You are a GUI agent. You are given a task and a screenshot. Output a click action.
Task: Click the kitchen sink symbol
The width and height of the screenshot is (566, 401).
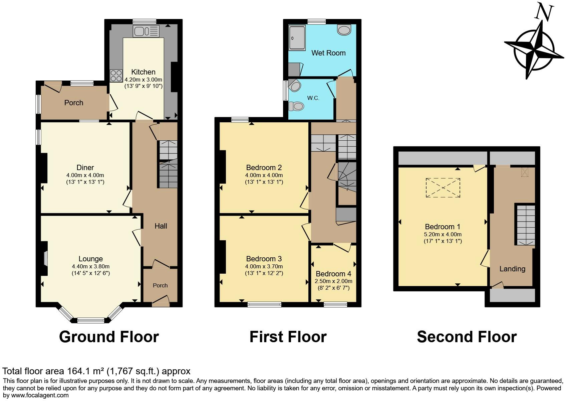pos(146,31)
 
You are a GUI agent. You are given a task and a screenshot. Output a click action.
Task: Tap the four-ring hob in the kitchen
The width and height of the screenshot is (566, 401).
pos(116,76)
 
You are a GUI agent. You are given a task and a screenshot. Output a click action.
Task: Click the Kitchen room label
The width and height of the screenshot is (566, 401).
pos(143,72)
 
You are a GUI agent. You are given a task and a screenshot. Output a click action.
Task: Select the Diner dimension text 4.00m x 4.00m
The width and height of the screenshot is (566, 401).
pos(85,175)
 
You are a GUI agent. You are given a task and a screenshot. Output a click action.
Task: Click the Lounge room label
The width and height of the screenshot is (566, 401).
pos(91,259)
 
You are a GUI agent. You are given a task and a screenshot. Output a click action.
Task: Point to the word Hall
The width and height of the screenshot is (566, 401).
pos(161,226)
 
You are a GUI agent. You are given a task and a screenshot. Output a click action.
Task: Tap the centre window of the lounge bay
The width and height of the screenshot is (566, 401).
pos(91,320)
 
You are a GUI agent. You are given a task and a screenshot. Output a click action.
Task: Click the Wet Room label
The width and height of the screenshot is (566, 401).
pos(328,53)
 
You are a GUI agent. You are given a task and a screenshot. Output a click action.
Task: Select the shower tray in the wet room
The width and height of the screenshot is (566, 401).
pos(297,38)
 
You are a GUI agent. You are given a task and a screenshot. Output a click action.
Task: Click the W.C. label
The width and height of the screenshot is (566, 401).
pos(313,98)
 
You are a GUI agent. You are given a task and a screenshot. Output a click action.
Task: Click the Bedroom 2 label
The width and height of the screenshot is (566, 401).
pos(264,167)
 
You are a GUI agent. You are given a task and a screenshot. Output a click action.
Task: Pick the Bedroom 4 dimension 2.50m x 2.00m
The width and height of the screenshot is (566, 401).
pos(333,281)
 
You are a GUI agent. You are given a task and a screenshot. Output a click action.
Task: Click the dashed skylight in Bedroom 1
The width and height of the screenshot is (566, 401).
pos(443,188)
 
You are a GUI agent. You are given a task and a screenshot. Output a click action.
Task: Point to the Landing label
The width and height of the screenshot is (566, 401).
pos(512,269)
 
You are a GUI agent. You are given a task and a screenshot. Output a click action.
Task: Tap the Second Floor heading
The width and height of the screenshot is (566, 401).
pos(467,337)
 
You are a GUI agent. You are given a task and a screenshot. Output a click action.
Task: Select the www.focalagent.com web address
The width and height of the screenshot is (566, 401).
pos(40,395)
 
